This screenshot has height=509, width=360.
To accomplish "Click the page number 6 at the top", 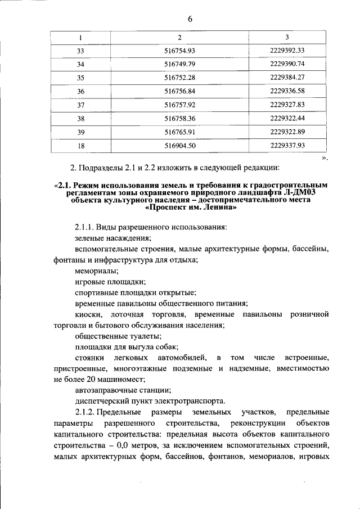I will pyautogui.click(x=190, y=19).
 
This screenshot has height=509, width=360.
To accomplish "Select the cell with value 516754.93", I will pyautogui.click(x=179, y=50).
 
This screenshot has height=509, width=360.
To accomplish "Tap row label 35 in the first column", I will pyautogui.click(x=80, y=77).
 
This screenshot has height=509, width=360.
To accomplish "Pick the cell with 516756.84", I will pyautogui.click(x=179, y=91).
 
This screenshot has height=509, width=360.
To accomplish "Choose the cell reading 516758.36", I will pyautogui.click(x=179, y=118).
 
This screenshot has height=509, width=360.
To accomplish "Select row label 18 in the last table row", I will pyautogui.click(x=80, y=145).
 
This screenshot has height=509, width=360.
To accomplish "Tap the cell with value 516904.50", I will pyautogui.click(x=179, y=145).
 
